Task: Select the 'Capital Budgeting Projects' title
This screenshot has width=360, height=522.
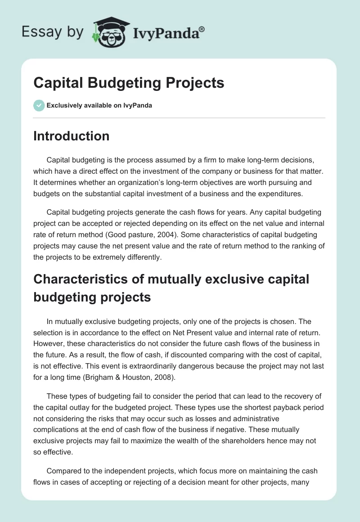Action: pos(129,83)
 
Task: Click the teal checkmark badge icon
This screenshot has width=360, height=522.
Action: pos(39,105)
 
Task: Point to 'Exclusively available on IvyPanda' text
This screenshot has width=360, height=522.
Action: pos(99,106)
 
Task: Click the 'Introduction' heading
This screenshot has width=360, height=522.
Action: pos(71,136)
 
